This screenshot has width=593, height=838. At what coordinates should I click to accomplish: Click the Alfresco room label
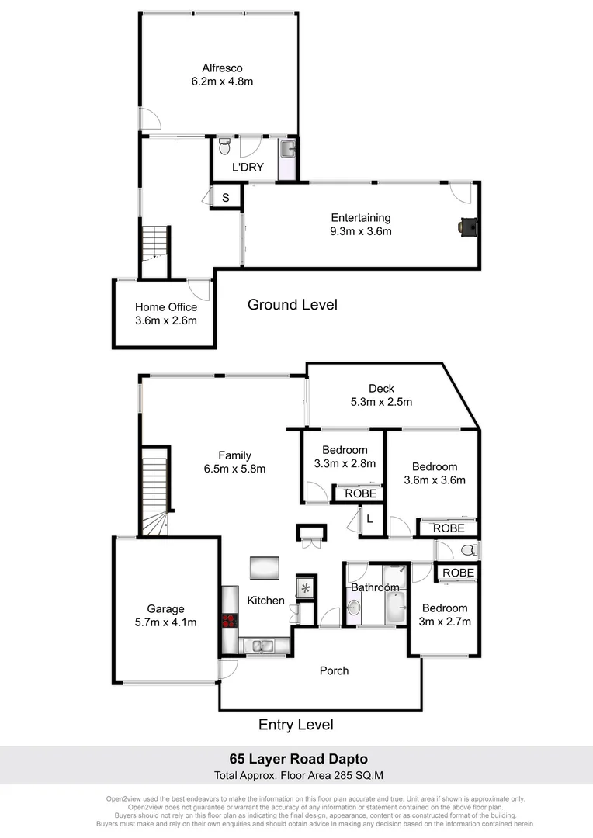222,68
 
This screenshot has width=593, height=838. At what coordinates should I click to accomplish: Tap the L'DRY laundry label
248,167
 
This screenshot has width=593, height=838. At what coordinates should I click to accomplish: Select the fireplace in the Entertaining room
467,226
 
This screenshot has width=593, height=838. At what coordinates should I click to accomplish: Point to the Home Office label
166,307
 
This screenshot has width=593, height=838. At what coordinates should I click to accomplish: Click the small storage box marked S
226,198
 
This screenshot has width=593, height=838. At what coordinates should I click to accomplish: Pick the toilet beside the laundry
224,147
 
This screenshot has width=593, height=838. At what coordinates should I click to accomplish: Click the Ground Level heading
293,305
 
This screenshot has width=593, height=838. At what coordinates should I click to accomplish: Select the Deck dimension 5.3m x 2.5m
380,402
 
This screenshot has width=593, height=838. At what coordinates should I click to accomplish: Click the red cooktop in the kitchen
229,621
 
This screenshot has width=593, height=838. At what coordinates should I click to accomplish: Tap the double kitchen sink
262,645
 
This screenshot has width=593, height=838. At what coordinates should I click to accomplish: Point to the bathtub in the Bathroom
394,605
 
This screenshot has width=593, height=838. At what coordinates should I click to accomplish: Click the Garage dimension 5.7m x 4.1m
166,622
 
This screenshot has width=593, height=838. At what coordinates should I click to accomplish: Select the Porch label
335,670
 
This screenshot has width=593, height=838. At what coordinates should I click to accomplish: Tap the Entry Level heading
296,725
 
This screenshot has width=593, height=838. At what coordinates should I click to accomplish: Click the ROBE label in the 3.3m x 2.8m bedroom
360,493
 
